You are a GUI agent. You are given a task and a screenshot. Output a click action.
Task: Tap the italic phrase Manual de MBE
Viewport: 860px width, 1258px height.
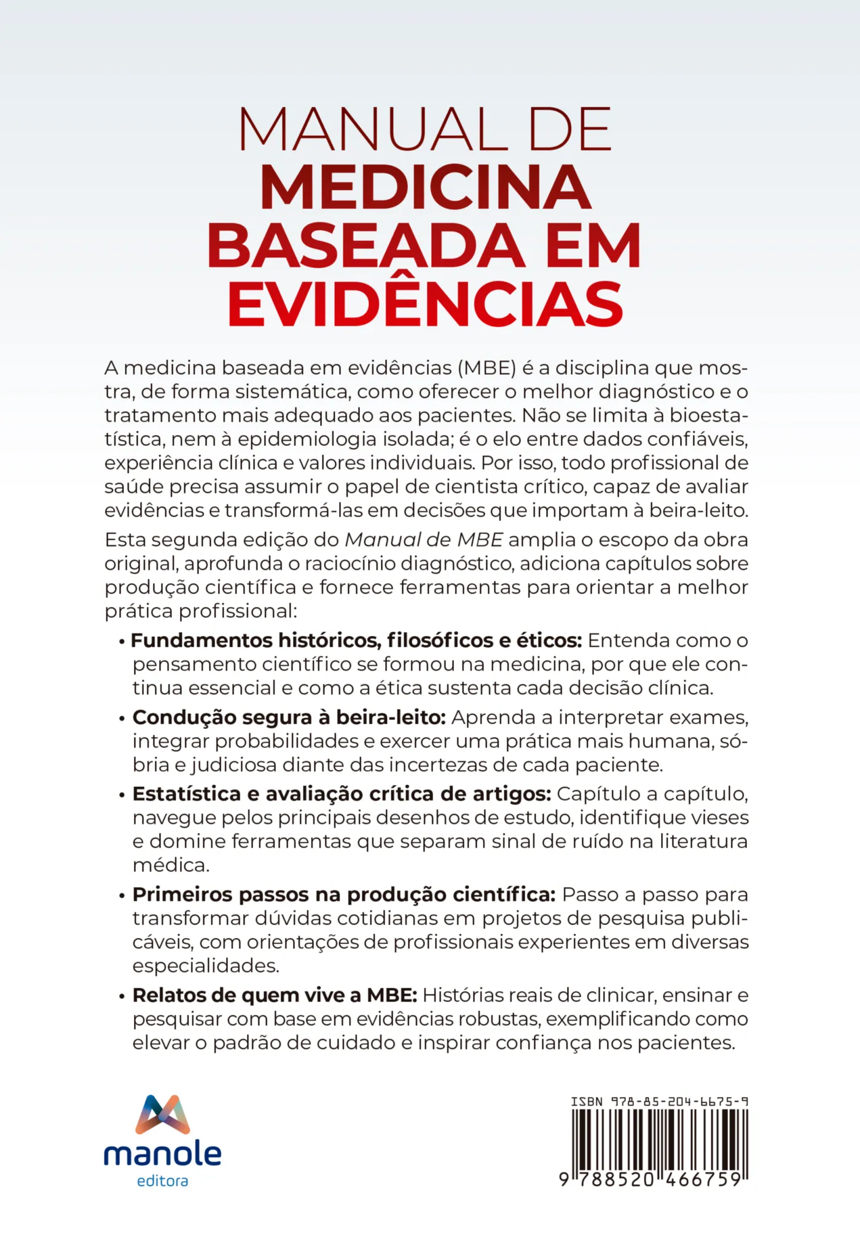(424, 540)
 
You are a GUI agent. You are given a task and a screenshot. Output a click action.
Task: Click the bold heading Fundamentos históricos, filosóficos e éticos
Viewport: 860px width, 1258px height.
(356, 641)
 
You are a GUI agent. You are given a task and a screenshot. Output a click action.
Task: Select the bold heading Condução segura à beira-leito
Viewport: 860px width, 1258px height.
(289, 717)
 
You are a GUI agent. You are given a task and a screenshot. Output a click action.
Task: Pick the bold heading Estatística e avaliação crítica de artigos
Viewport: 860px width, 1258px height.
(342, 794)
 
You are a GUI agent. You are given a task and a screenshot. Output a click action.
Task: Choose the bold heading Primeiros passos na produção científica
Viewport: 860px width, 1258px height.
(344, 894)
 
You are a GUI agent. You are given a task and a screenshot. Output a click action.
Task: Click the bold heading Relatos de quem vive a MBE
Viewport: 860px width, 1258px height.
(275, 995)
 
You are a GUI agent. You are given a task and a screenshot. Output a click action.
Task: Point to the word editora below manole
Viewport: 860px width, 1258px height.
(163, 1181)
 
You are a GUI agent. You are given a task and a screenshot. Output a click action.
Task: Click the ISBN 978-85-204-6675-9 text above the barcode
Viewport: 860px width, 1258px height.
(659, 1102)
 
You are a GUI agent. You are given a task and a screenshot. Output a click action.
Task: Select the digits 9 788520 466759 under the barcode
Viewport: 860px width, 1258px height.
(652, 1180)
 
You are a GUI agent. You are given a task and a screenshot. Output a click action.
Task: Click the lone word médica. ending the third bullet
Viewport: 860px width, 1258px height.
(171, 865)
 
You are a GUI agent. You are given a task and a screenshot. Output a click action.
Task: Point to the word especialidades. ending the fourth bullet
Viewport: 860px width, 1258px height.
(206, 966)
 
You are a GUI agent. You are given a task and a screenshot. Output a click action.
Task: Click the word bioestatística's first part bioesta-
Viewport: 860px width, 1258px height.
(708, 416)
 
